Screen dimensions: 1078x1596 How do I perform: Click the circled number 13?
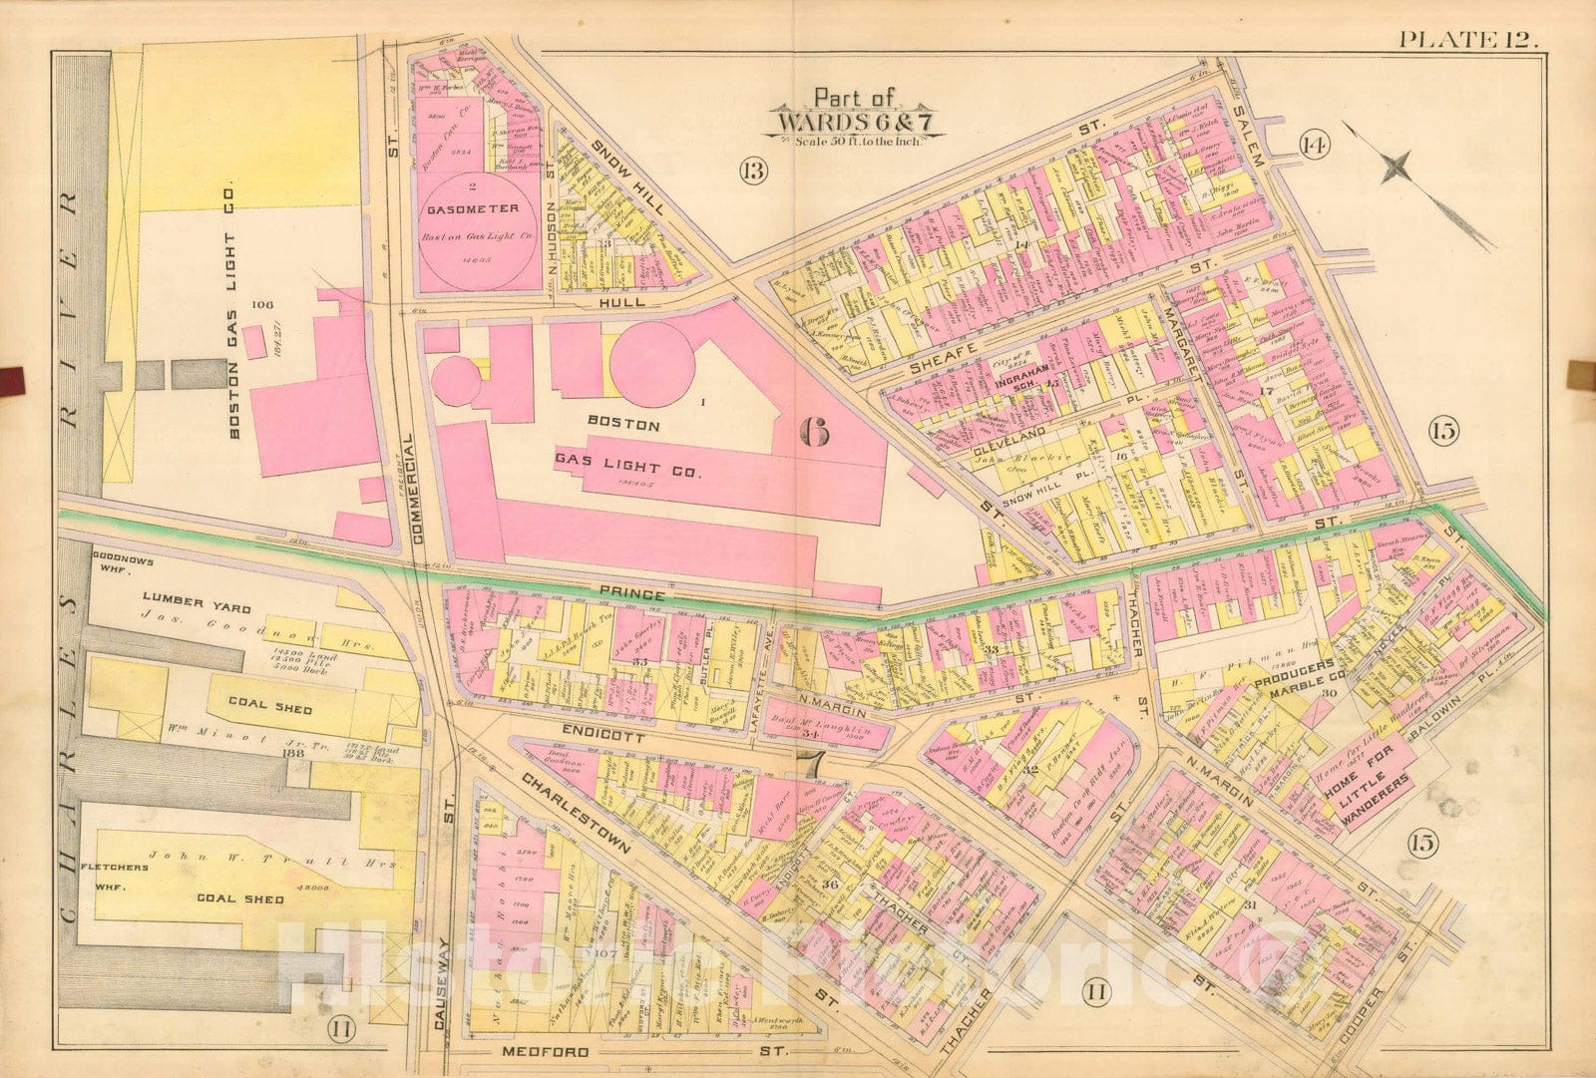click(753, 171)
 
